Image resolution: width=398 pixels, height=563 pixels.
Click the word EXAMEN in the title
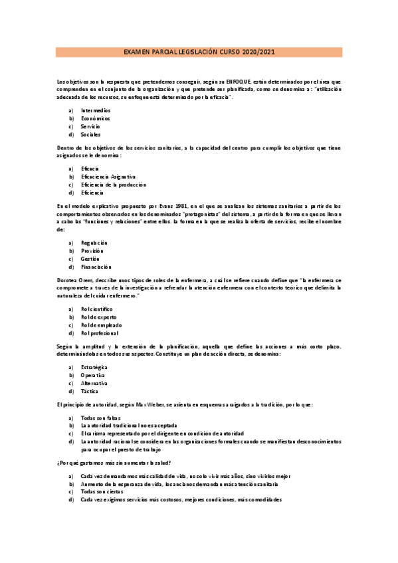click(x=136, y=52)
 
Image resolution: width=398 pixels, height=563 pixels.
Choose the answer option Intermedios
click(x=96, y=110)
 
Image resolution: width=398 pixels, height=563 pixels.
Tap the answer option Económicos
click(x=96, y=118)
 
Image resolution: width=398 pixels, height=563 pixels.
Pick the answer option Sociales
click(x=91, y=134)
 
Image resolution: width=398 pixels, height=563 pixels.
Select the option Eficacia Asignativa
click(x=108, y=177)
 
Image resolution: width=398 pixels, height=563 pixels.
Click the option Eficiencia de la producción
click(x=113, y=185)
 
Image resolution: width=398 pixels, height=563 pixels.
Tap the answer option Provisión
click(x=92, y=251)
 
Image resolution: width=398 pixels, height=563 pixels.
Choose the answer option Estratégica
click(x=94, y=367)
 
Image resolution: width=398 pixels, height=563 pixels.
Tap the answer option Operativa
click(x=93, y=375)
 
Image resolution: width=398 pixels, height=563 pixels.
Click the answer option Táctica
click(x=90, y=391)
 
